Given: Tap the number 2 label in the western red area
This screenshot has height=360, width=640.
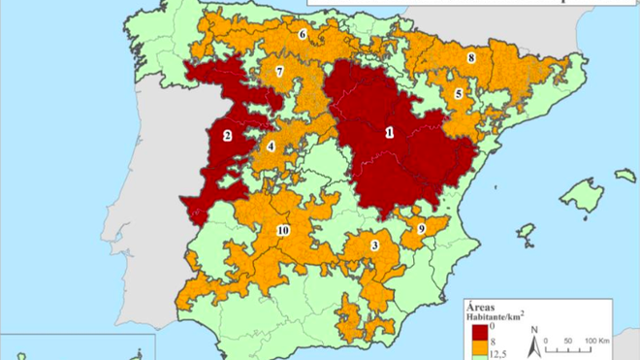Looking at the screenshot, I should pos(226,137).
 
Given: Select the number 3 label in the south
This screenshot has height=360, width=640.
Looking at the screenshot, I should pos(374,246).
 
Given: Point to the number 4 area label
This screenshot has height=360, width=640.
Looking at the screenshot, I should pos(271,147).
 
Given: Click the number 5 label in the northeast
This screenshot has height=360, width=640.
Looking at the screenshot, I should pos(458,94).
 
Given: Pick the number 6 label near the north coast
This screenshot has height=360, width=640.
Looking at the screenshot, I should pos(303,35).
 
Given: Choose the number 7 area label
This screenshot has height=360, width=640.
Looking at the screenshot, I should pos(278,72).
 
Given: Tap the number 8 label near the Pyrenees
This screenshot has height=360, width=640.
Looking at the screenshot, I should pos(471,58).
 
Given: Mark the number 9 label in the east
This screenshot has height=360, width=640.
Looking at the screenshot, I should pos(421,229).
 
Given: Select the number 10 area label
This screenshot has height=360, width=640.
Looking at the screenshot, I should pos(282,230).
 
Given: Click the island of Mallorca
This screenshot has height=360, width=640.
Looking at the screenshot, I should pos(581,194).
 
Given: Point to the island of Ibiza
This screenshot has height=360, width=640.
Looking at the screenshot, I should pos(526,233).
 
